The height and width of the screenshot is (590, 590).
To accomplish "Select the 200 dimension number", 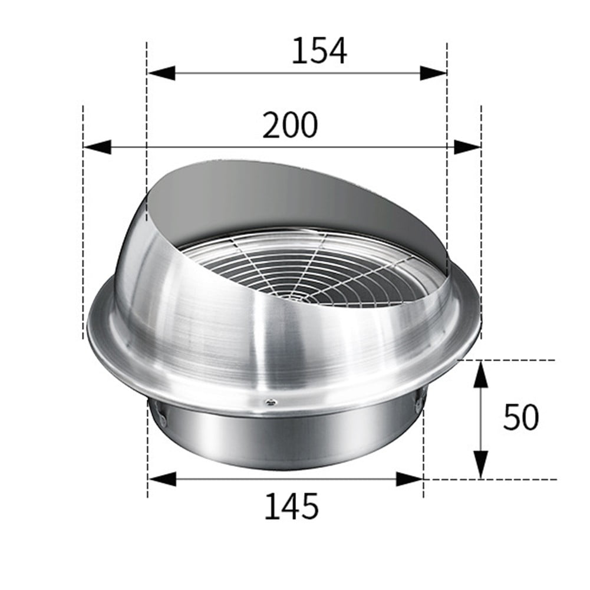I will pos(289,125).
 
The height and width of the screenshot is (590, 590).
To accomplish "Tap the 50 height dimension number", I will pos(520,417).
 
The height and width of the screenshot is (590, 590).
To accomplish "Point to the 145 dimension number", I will pos(291,506).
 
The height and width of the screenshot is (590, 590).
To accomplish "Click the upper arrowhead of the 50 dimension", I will pos(481,375).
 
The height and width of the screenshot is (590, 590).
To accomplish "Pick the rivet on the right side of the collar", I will pos(418,404).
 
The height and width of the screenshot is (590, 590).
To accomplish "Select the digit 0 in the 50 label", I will pos(529,417).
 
